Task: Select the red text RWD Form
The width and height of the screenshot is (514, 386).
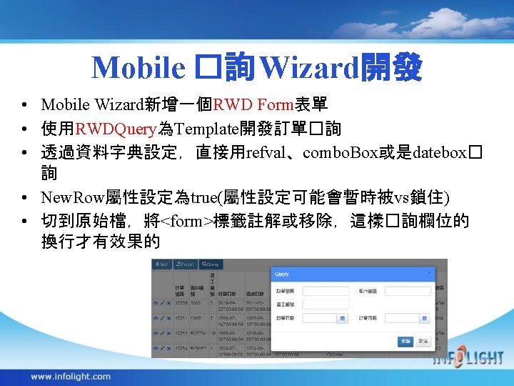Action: (x=253, y=105)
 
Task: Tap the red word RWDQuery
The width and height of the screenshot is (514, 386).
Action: (x=114, y=129)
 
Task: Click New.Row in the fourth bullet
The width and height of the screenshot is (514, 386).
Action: (x=72, y=197)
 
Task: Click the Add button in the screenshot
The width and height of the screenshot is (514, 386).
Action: (x=162, y=264)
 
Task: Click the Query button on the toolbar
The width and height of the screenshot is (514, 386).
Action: (x=211, y=264)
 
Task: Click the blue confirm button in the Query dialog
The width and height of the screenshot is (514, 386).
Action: (x=405, y=342)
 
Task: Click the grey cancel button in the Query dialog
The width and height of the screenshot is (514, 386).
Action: (x=423, y=342)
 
